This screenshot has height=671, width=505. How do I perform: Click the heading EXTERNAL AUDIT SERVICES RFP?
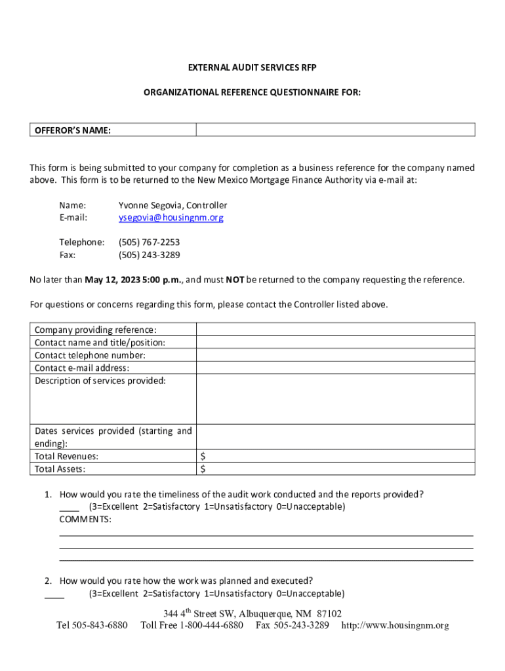(253, 68)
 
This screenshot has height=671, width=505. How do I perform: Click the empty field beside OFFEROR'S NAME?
(336, 130)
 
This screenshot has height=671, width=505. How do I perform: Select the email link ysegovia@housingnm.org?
(171, 218)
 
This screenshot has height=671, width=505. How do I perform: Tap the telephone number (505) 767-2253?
(149, 242)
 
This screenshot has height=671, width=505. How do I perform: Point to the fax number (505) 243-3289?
(149, 255)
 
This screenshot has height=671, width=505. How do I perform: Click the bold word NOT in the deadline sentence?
(235, 280)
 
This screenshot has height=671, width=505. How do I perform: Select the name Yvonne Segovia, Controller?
(172, 205)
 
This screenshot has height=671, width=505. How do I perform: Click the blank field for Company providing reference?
(336, 330)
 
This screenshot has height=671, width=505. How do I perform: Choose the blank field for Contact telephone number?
(336, 355)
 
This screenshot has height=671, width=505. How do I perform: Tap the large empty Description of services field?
(336, 398)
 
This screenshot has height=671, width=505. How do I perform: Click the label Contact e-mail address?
(82, 368)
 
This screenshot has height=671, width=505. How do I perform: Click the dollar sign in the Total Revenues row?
(203, 456)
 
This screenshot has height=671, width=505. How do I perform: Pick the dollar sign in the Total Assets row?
(203, 469)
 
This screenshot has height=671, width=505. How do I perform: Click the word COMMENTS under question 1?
(85, 520)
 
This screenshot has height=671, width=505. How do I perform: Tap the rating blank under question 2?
(54, 595)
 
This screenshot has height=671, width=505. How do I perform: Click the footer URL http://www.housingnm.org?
(395, 626)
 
